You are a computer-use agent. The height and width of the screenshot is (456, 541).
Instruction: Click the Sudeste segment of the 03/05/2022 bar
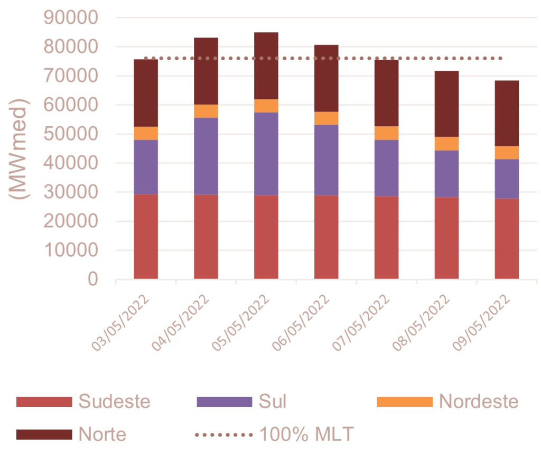146,236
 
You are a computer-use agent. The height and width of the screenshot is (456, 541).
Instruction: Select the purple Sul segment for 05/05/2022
266,154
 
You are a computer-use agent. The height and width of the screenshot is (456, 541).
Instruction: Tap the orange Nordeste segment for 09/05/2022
507,152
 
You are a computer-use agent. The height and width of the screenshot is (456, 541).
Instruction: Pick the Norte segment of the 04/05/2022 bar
206,71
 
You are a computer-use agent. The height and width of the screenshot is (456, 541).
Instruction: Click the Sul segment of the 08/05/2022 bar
446,174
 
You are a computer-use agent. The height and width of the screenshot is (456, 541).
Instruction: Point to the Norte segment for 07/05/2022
386,93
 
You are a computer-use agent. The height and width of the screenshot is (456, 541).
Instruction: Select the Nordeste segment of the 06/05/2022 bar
327,118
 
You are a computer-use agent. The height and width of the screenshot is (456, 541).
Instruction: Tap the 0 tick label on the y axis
92,280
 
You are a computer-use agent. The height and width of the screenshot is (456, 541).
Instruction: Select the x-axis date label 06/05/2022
302,323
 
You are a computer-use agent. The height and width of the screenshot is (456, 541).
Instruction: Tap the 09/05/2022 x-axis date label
482,323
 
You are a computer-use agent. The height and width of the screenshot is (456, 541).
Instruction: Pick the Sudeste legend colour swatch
43,402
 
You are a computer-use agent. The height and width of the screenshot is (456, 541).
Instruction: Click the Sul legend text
273,402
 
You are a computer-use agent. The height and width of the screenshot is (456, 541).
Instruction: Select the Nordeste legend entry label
479,402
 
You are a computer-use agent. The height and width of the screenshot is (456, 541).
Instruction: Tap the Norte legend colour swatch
43,434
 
